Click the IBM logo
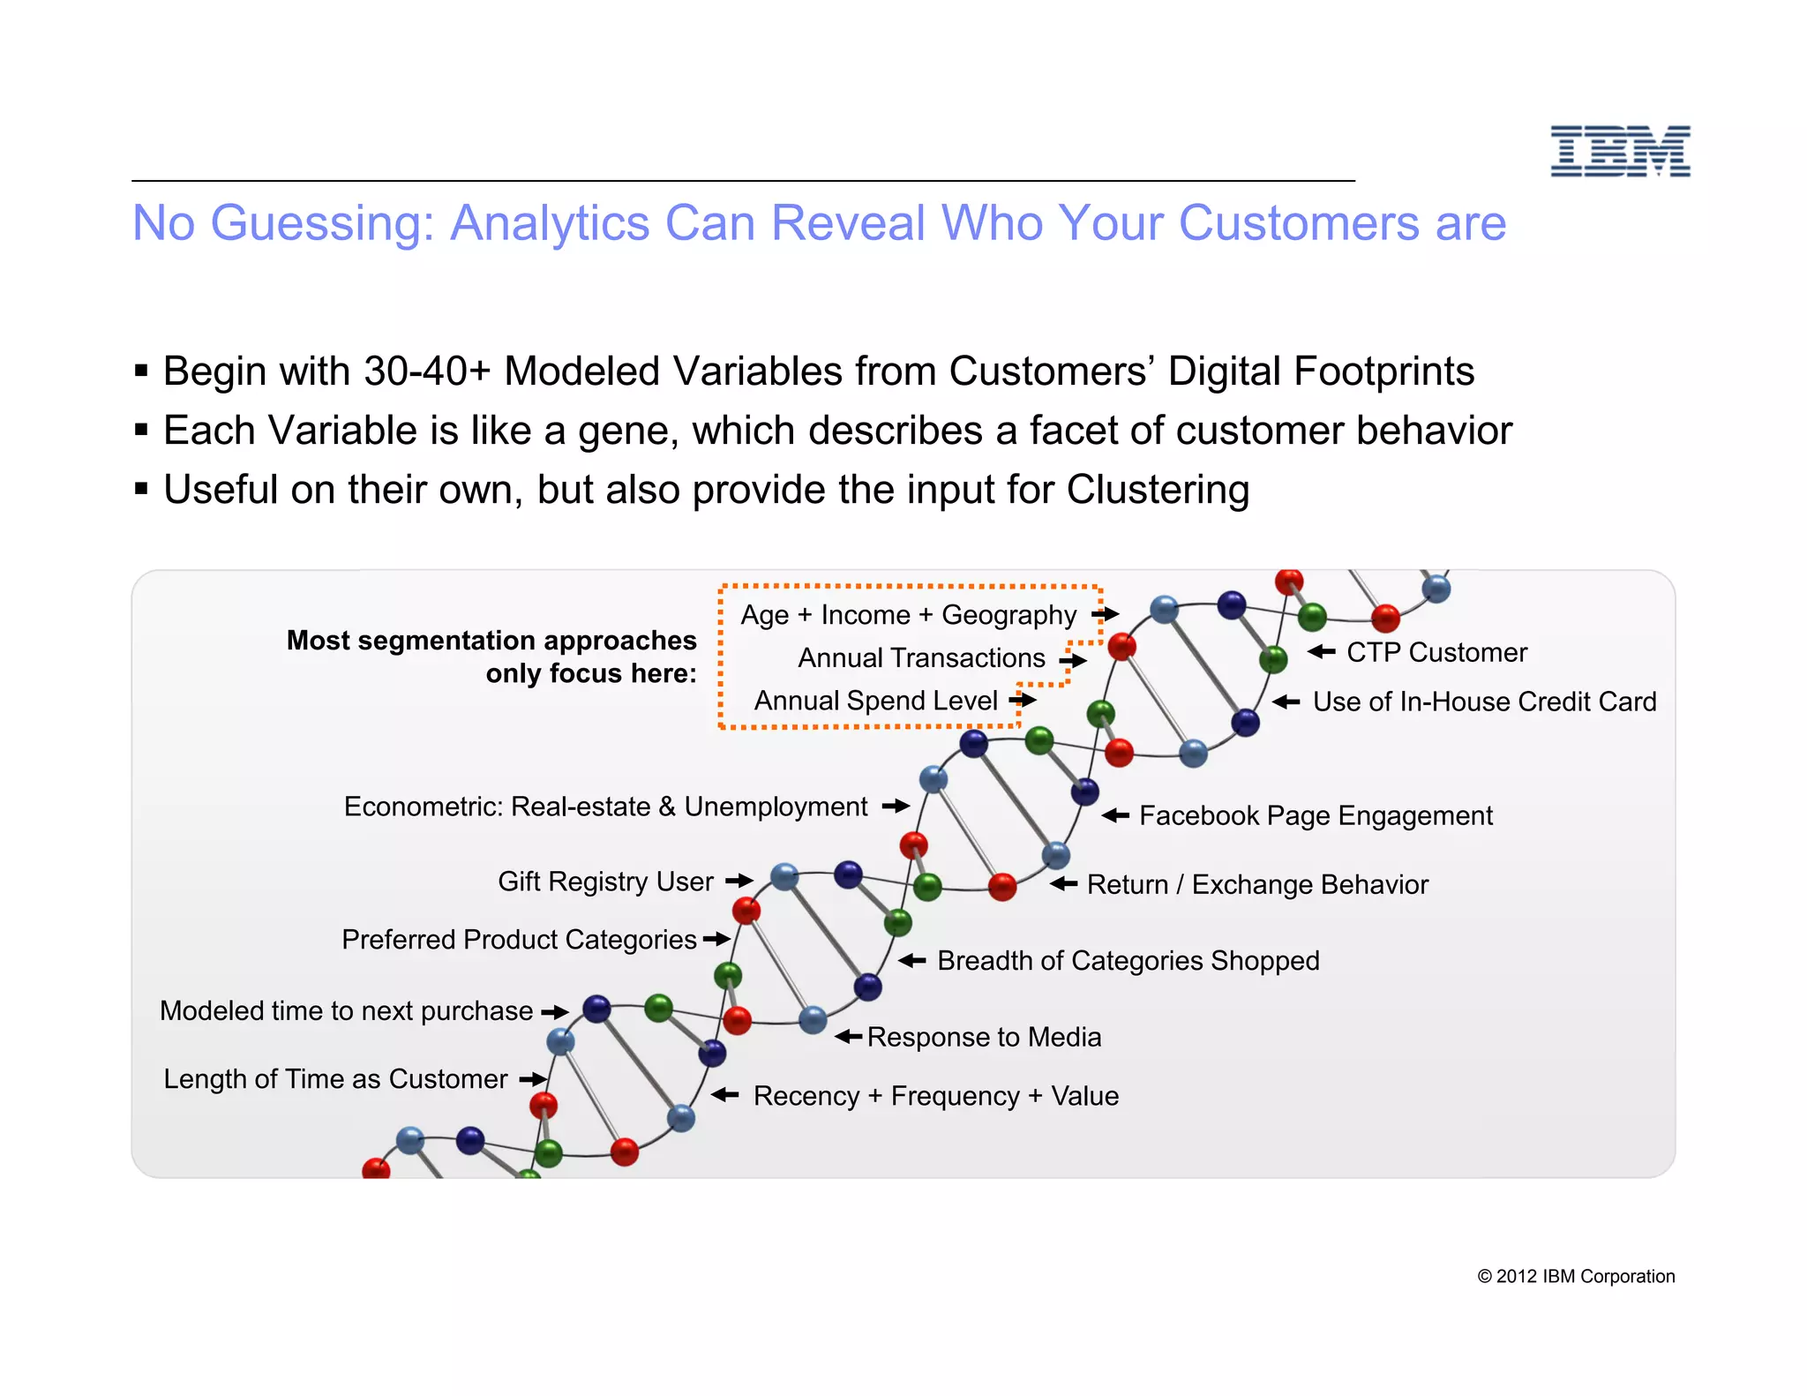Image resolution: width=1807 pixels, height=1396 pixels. pyautogui.click(x=1620, y=151)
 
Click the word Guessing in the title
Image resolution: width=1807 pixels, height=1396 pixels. pyautogui.click(x=322, y=223)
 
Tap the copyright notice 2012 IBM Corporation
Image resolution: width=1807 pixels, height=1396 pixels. pyautogui.click(x=1576, y=1276)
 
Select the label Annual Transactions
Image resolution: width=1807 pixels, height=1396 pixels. pyautogui.click(x=921, y=658)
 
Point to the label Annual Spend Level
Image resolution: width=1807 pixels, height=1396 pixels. pyautogui.click(x=875, y=701)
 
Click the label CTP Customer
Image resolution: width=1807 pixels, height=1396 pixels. pyautogui.click(x=1436, y=652)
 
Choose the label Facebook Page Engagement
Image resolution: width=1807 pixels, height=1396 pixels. pyautogui.click(x=1316, y=815)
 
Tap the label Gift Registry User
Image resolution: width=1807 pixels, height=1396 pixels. pyautogui.click(x=605, y=882)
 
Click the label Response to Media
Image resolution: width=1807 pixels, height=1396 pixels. pyautogui.click(x=984, y=1037)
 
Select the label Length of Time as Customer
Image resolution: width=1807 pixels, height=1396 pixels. pyautogui.click(x=335, y=1079)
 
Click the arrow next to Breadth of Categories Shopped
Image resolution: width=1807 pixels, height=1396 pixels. pyautogui.click(x=912, y=961)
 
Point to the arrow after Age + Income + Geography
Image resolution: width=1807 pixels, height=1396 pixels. pyautogui.click(x=1105, y=614)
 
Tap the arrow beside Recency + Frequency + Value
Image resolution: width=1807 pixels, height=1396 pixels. pyautogui.click(x=725, y=1095)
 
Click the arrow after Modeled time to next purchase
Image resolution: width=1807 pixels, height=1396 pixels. pyautogui.click(x=555, y=1011)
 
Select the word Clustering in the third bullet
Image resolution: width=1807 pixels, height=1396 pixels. pyautogui.click(x=1158, y=490)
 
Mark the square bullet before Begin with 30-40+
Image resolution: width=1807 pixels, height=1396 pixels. pyautogui.click(x=141, y=372)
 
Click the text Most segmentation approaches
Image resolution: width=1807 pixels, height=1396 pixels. pyautogui.click(x=491, y=640)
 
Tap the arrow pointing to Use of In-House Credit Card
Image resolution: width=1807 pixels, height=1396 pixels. pyautogui.click(x=1286, y=702)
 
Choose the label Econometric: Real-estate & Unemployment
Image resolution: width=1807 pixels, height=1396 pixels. pyautogui.click(x=605, y=807)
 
